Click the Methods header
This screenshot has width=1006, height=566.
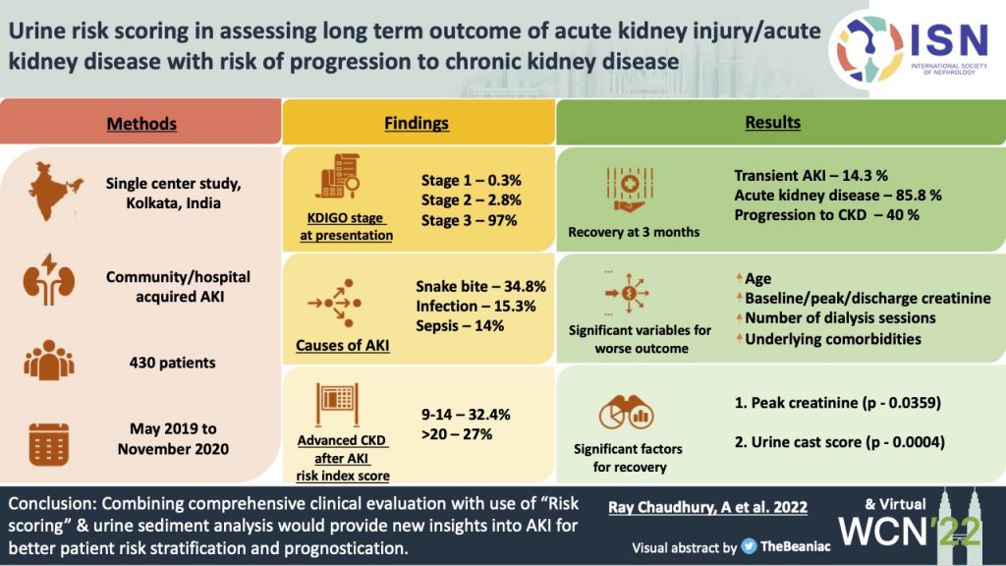[x=141, y=124]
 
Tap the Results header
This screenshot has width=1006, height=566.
[x=772, y=123]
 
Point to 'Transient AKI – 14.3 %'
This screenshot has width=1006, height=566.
[x=811, y=176]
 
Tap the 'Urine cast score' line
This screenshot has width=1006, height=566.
[x=839, y=442]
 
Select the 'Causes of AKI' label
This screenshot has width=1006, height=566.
[x=342, y=345]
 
